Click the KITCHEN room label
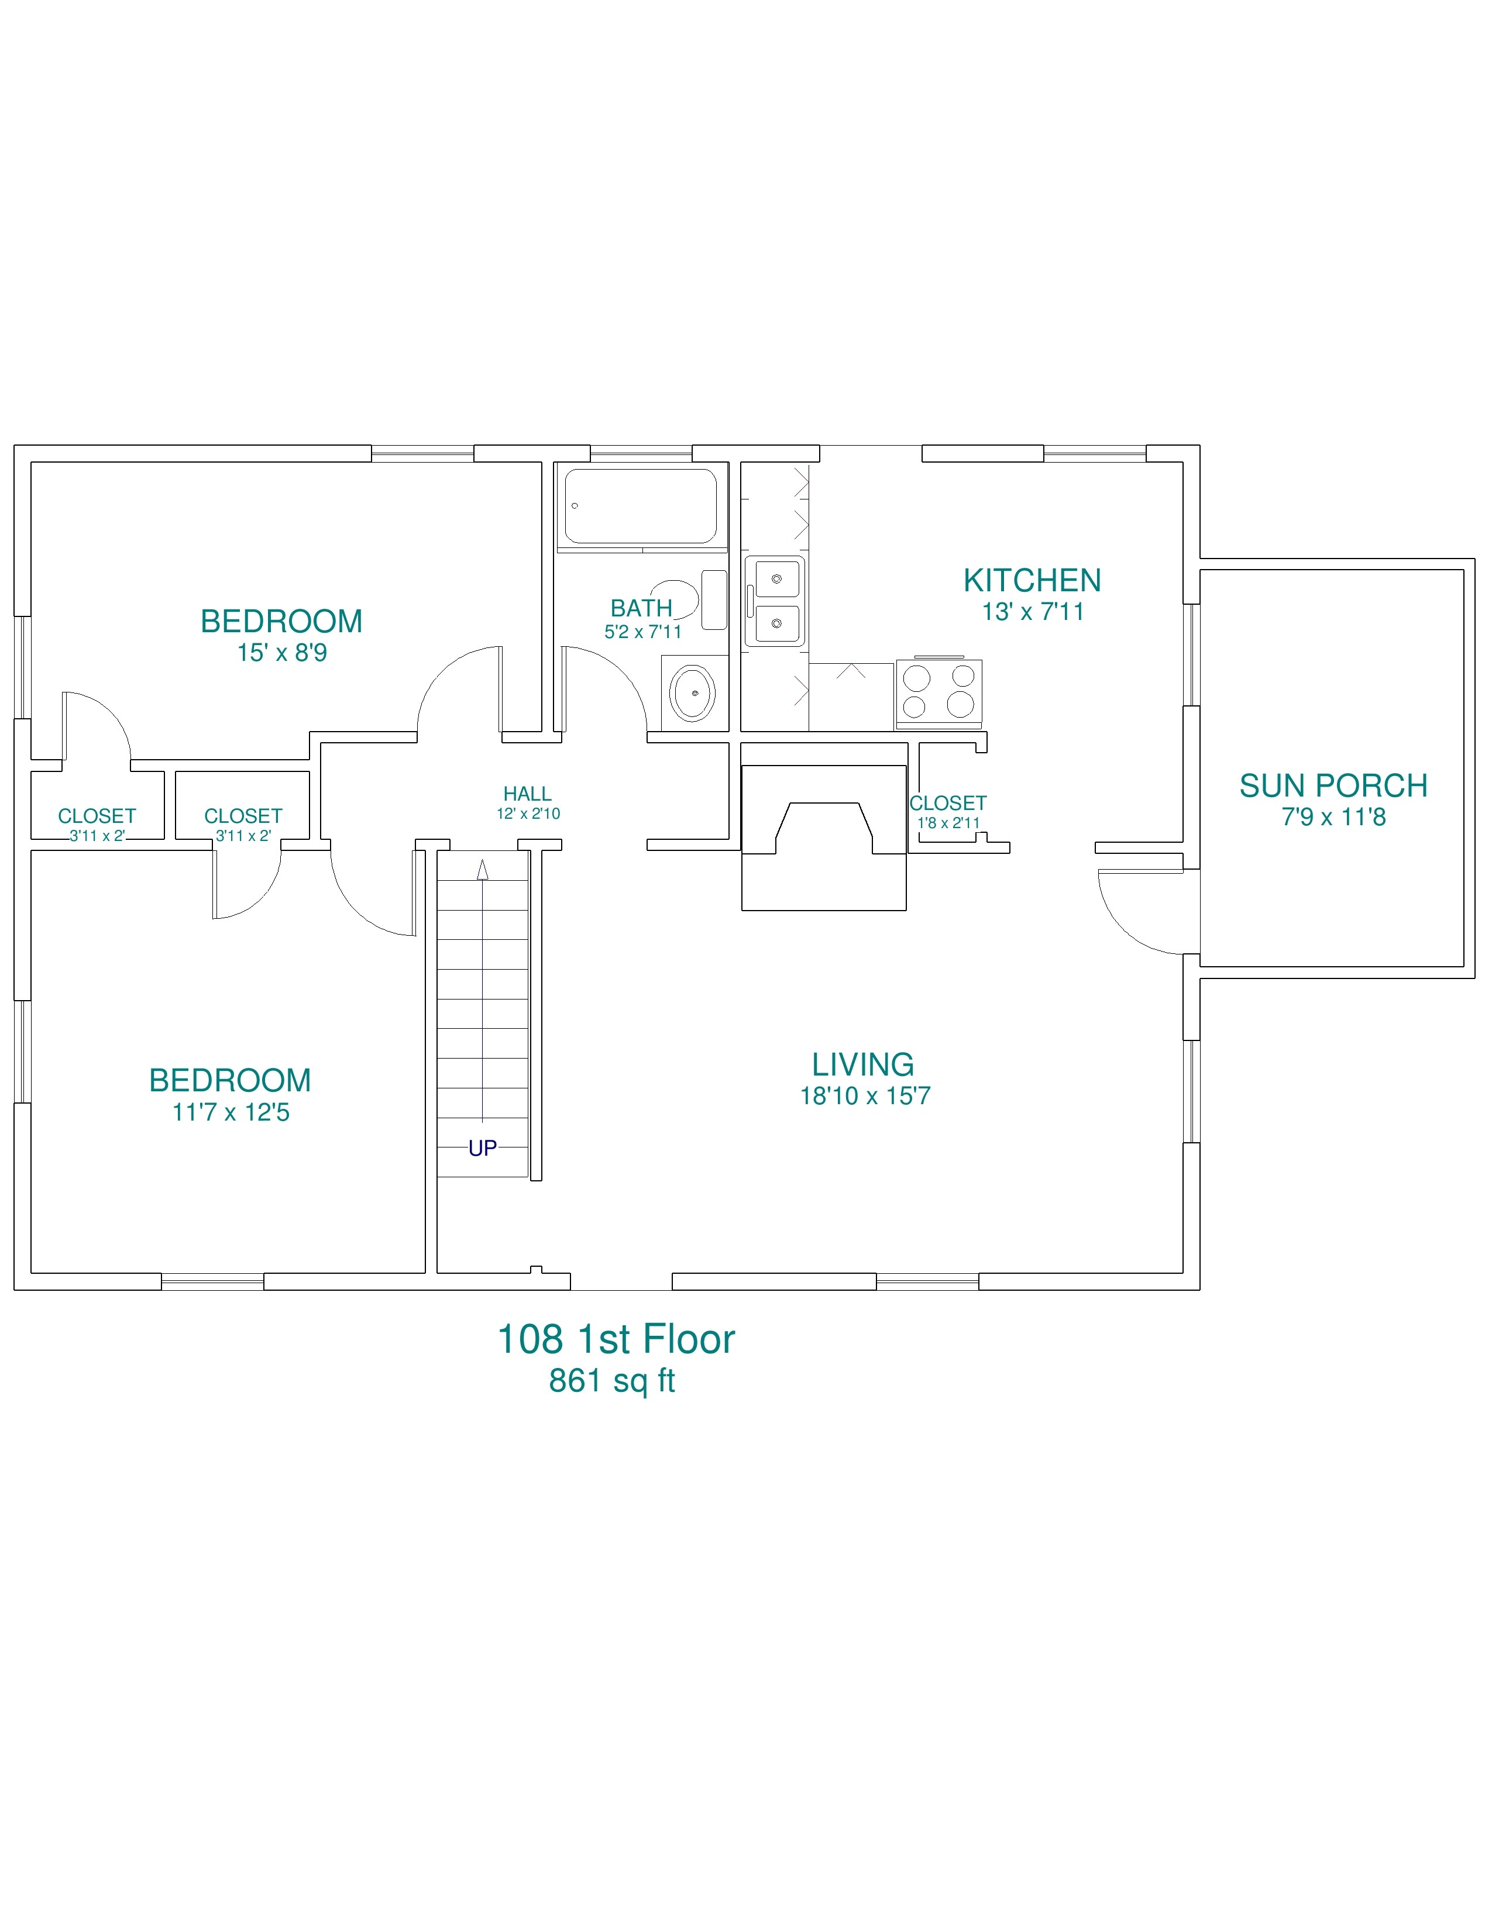coord(1032,581)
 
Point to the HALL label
coord(528,794)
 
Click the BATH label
coord(642,608)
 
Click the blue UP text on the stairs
coord(483,1148)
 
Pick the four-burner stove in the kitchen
coord(938,693)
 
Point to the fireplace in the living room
coord(824,837)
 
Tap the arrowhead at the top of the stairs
coord(483,870)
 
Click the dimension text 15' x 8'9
coord(282,653)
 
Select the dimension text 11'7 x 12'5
coord(231,1112)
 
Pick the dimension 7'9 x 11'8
coord(1334,816)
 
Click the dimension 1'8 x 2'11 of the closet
coord(948,823)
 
